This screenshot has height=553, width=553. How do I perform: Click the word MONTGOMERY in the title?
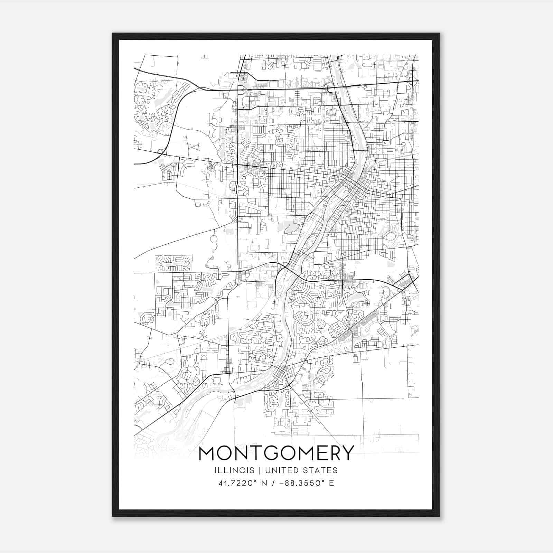[276, 453]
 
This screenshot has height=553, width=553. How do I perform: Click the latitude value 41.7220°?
[238, 483]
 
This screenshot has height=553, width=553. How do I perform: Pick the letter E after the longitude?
[331, 483]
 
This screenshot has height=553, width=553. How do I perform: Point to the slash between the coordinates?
[273, 483]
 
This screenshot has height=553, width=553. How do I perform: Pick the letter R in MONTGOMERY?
[332, 453]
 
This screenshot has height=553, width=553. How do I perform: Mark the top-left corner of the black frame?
[113, 34]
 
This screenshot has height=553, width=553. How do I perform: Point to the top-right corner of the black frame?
[439, 34]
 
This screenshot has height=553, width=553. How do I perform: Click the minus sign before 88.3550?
[282, 483]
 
